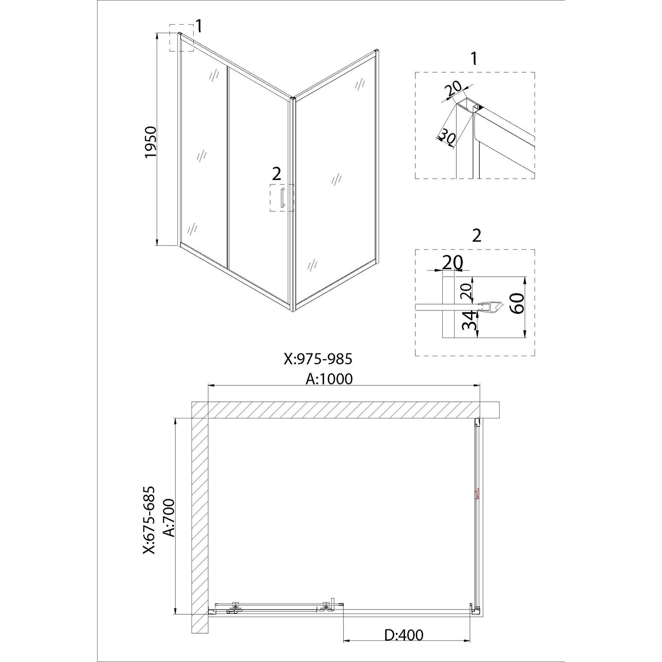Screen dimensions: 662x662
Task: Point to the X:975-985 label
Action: [x=318, y=359]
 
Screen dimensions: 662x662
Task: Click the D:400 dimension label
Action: [x=403, y=635]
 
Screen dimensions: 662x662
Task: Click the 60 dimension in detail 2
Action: [x=517, y=303]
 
